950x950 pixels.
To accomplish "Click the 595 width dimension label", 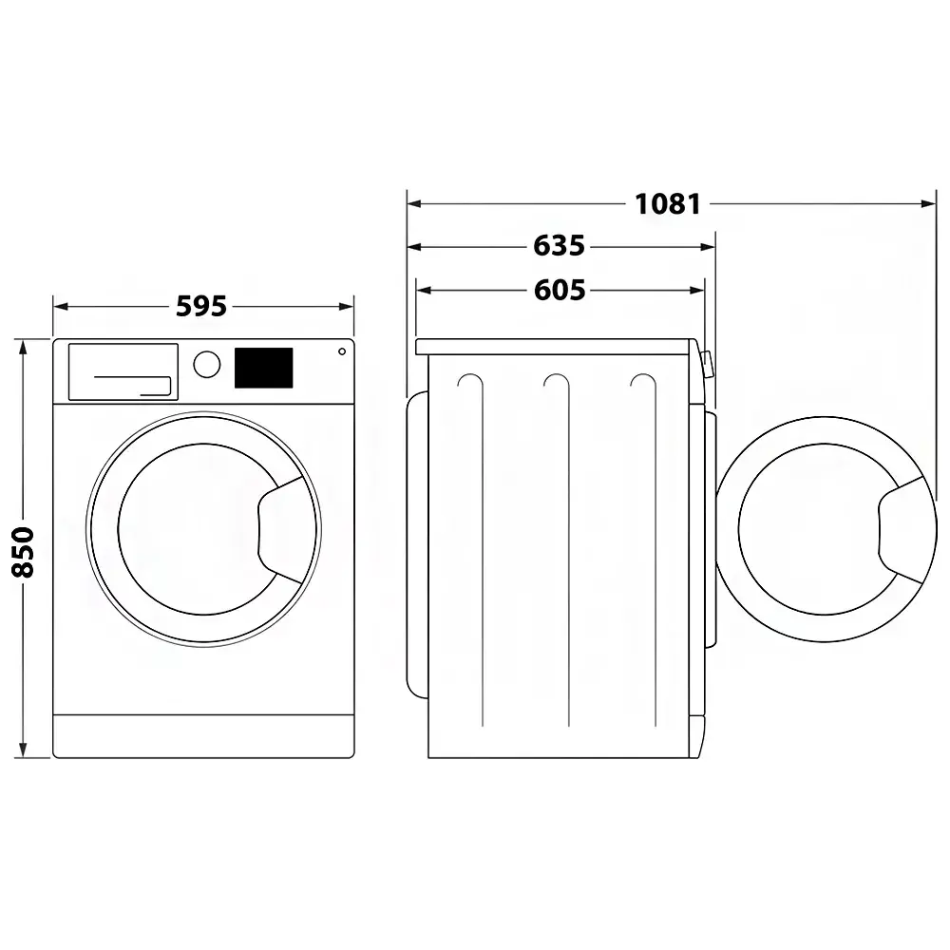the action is (x=201, y=306).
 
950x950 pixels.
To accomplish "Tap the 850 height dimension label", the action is (x=23, y=552).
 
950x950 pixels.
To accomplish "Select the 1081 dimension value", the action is (x=668, y=204).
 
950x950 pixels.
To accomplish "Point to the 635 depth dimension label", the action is (x=560, y=246).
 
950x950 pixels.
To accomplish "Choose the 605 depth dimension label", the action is (x=560, y=290).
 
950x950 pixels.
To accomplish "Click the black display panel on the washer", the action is (x=263, y=368).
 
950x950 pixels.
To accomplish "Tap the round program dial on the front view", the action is (x=206, y=364).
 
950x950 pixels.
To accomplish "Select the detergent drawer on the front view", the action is (x=123, y=372).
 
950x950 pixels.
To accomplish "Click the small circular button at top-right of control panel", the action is (x=342, y=351).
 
